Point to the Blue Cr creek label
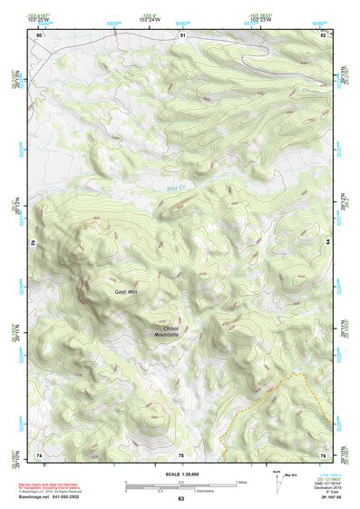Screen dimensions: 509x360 point(175,188)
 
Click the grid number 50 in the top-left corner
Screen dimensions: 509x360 point(39,34)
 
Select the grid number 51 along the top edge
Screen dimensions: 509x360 point(181,34)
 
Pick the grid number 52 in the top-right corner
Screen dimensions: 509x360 point(324,34)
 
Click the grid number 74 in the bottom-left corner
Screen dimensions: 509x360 point(39,454)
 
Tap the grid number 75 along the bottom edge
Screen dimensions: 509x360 point(180,454)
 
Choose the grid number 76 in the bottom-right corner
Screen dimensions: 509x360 point(323,454)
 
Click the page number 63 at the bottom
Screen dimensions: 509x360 point(180,499)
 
